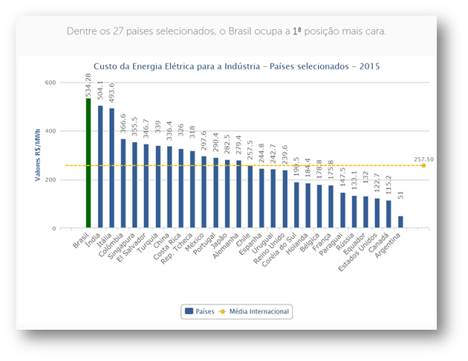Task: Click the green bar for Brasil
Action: pyautogui.click(x=88, y=164)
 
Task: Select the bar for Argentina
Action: pyautogui.click(x=400, y=222)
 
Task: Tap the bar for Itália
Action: pyautogui.click(x=111, y=168)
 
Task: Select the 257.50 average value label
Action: pyautogui.click(x=424, y=159)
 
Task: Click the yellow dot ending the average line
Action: pyautogui.click(x=423, y=165)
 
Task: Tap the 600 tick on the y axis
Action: pyautogui.click(x=51, y=83)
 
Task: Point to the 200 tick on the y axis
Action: pyautogui.click(x=51, y=180)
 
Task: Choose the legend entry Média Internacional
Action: pyautogui.click(x=252, y=310)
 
